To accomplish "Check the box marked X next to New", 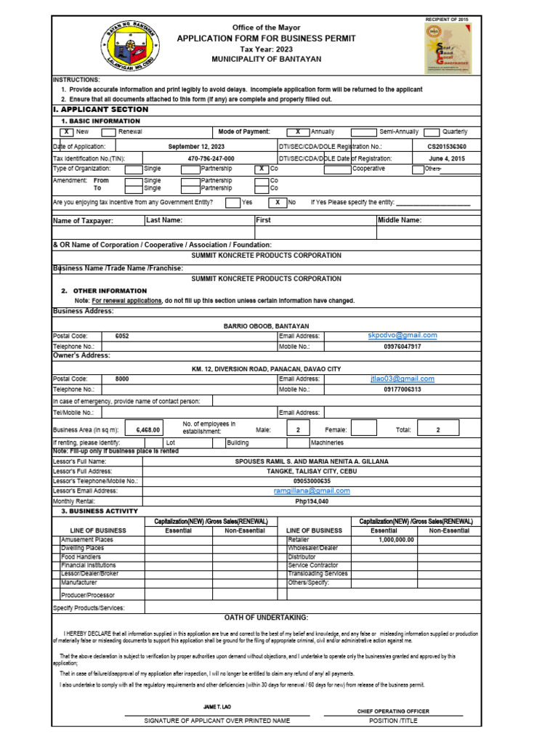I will click(66, 132).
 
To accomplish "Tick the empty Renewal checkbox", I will click(108, 132).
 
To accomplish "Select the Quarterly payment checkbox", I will click(432, 132).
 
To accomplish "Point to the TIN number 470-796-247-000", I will click(211, 158).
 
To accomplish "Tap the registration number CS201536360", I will click(448, 146).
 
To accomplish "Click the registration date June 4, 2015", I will click(448, 158).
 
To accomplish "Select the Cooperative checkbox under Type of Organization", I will click(337, 169).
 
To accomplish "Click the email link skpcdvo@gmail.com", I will click(402, 336).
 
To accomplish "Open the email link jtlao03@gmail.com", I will click(402, 379).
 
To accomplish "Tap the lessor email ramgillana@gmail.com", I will click(312, 490).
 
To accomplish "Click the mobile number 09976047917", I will click(402, 347).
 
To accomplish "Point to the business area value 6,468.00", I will click(147, 430).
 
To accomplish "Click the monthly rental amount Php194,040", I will click(312, 501).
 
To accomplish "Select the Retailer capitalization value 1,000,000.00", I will click(396, 540).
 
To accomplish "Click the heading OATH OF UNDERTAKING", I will click(267, 617).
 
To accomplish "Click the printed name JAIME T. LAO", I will click(217, 707).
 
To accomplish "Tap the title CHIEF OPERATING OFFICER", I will click(393, 711).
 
